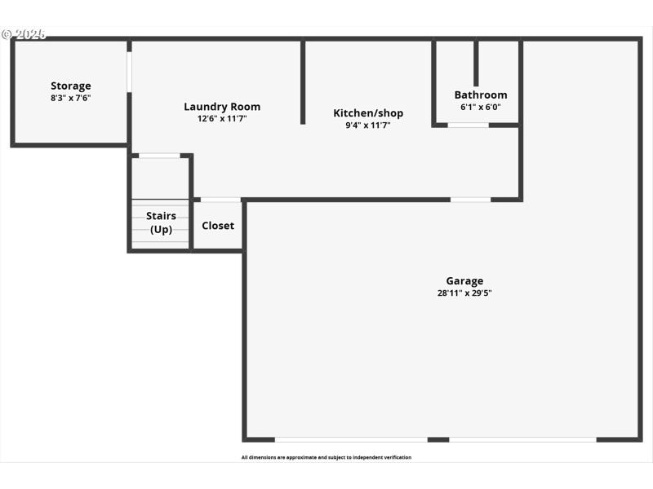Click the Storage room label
point(71,86)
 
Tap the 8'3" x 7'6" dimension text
point(71,98)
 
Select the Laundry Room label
point(222,107)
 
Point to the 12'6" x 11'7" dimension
point(222,119)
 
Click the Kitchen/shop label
point(368,113)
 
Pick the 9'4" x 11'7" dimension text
point(368,126)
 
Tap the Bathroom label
point(481,95)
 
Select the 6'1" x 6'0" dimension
point(481,107)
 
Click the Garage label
point(464,281)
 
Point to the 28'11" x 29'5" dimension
point(464,293)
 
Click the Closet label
point(218,226)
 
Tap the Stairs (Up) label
point(161,222)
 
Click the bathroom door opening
point(469,125)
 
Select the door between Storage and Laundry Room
point(129,73)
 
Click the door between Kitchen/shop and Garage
point(471,199)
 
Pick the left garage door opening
point(351,439)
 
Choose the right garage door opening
point(522,439)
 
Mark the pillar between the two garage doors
point(438,439)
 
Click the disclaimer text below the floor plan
point(326,457)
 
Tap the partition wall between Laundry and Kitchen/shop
point(303,81)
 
